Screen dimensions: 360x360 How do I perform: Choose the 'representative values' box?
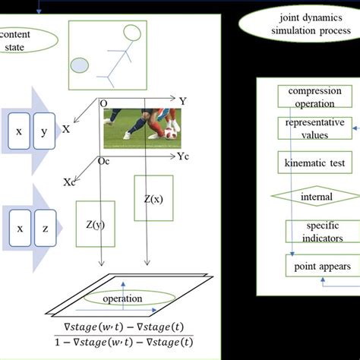pos(314,128)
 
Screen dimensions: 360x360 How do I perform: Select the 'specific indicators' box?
pos(320,232)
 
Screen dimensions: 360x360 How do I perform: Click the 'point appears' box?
pos(322,267)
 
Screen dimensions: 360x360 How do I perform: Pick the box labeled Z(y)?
pos(96,226)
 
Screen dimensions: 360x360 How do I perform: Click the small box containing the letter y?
pos(43,131)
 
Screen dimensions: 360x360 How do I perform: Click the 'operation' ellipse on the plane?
pos(122,298)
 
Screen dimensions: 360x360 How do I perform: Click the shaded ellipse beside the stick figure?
pos(81,65)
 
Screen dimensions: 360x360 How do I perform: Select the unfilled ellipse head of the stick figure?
pos(132,33)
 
